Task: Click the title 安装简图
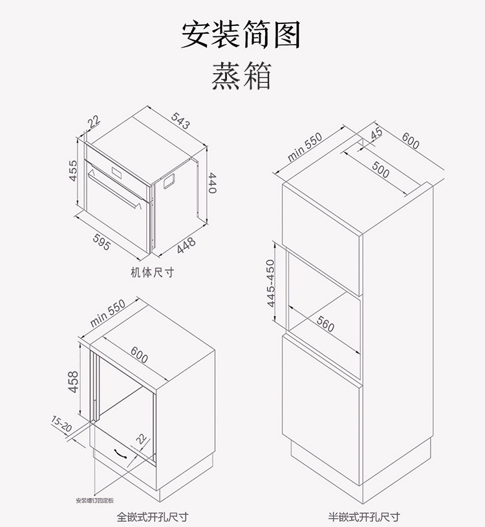click(x=241, y=35)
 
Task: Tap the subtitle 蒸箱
click(x=241, y=76)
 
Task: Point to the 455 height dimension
click(x=74, y=170)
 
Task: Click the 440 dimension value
click(x=212, y=184)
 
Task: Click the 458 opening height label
click(x=74, y=382)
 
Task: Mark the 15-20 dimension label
click(x=62, y=425)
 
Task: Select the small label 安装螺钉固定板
click(x=94, y=500)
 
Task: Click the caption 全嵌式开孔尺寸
click(x=153, y=517)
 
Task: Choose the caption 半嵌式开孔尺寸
click(x=363, y=517)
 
